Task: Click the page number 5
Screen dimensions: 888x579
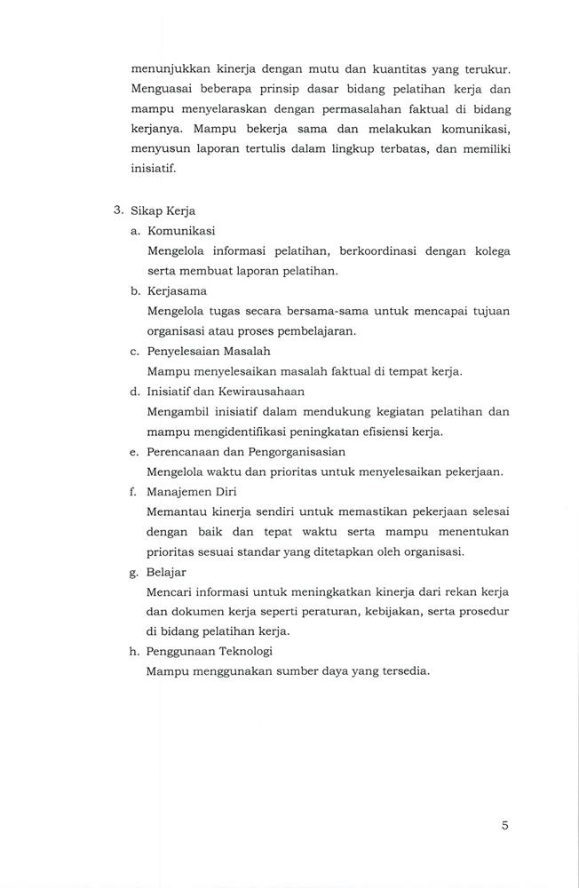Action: pos(504,825)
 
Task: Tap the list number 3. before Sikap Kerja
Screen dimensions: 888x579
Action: pos(118,210)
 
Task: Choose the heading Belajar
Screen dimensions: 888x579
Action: pos(167,572)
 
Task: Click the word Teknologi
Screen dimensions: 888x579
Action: pos(245,652)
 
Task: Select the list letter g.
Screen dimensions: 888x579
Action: pos(133,573)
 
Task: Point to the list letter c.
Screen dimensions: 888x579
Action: pos(133,351)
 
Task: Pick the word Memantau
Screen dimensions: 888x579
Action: pos(178,511)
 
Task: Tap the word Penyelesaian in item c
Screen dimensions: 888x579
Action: pos(186,351)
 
